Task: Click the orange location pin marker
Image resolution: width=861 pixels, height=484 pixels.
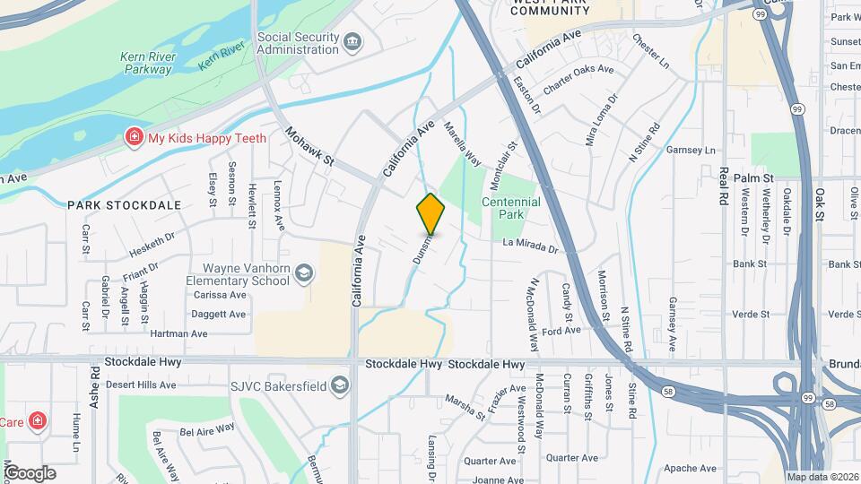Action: tap(430, 214)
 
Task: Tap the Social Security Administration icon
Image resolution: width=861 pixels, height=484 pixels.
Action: tap(352, 41)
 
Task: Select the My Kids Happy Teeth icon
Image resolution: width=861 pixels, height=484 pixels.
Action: tap(134, 137)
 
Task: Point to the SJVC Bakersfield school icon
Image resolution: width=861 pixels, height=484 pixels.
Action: tap(339, 385)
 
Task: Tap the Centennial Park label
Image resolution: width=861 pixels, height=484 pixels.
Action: tap(511, 208)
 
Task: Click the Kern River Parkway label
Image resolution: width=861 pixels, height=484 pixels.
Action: tap(148, 63)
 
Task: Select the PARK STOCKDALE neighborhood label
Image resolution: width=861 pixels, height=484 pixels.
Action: tap(124, 205)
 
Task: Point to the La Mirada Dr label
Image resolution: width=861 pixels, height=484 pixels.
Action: tap(530, 245)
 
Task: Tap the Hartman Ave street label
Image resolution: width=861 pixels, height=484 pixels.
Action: tap(179, 333)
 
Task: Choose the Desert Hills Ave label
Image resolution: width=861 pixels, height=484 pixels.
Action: tap(143, 384)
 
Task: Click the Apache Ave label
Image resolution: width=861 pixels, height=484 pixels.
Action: tap(690, 468)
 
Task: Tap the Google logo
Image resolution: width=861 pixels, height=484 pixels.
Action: tap(30, 473)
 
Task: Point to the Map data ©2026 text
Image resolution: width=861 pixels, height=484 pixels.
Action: tap(822, 477)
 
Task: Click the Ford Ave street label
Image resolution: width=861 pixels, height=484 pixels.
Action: tap(561, 331)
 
